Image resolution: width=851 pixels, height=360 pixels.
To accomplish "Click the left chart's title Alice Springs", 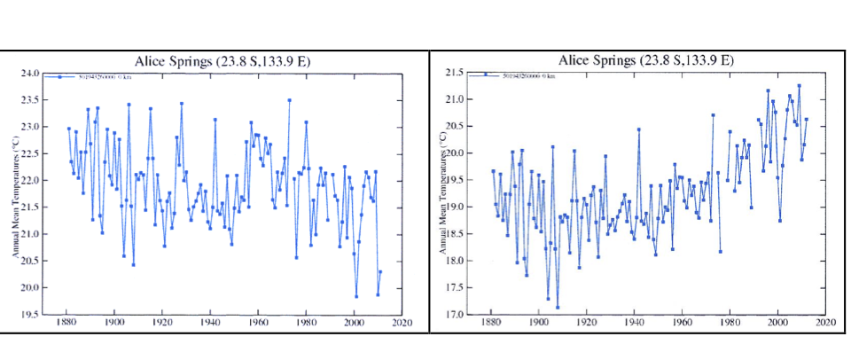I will click(222, 60).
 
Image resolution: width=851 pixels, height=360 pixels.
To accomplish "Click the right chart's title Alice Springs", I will click(645, 59).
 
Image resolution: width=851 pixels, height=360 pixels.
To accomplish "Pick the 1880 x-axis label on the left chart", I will click(66, 324).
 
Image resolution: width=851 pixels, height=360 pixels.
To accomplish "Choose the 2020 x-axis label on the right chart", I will click(825, 324).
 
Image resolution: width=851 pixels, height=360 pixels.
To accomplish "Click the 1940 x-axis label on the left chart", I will click(210, 324).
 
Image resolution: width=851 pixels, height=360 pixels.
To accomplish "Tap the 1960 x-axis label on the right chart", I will click(682, 324).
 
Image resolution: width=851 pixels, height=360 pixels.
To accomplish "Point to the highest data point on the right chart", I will click(799, 86).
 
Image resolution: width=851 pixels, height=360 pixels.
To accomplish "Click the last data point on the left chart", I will click(380, 271).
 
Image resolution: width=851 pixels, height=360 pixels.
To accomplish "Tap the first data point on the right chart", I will click(493, 171).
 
